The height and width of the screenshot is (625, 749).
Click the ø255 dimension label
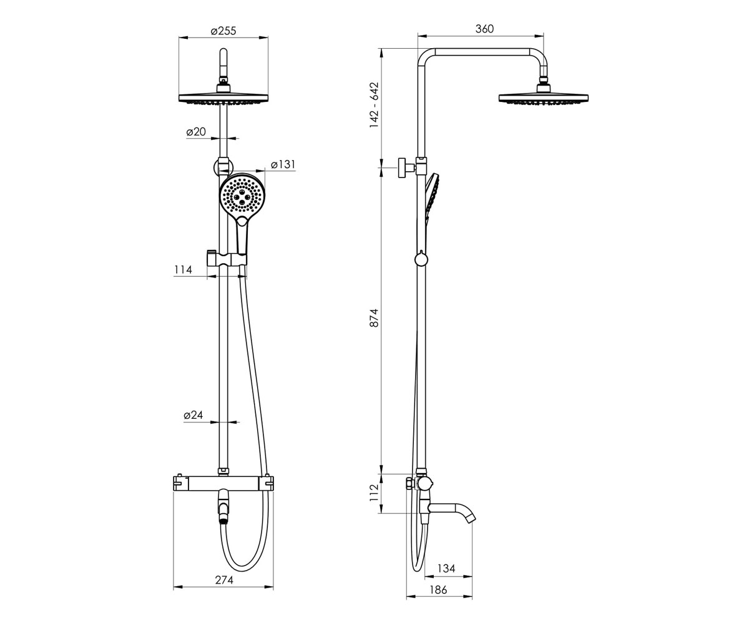point(223,31)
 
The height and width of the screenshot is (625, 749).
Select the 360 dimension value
point(484,29)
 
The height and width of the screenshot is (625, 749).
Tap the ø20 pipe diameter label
point(196,132)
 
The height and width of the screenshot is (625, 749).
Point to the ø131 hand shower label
point(283,164)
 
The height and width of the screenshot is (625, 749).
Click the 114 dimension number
point(183,269)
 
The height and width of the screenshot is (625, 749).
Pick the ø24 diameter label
point(193,415)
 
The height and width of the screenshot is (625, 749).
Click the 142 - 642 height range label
point(374,105)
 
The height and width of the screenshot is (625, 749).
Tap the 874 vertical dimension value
point(374,317)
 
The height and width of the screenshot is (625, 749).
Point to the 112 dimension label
point(374,493)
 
